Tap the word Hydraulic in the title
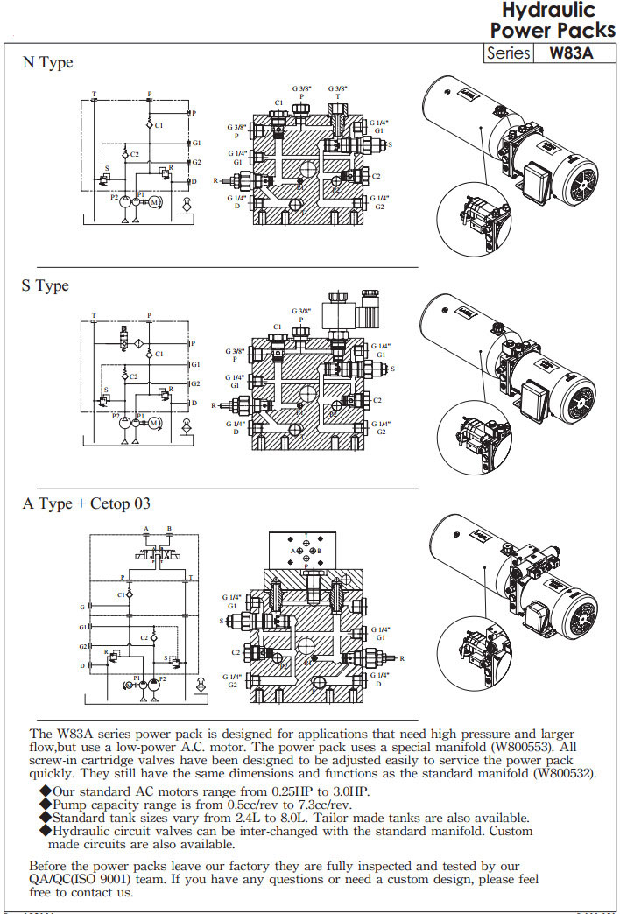548,11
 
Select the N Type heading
47,63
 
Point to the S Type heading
46,286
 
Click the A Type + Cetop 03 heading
87,503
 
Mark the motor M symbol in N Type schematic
155,202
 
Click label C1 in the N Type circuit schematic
159,126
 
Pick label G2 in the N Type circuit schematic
197,162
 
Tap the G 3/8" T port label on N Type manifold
337,93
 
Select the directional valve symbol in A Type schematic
158,554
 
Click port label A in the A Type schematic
146,529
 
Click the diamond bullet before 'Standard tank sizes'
46,818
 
